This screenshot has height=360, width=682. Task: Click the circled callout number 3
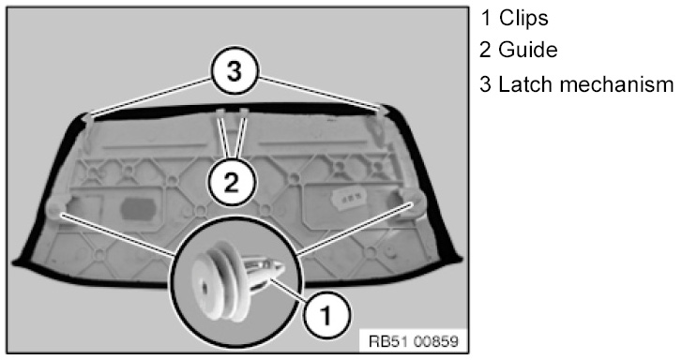tap(235, 71)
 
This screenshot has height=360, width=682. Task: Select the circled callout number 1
tap(326, 314)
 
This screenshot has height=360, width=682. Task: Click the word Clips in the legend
tap(523, 18)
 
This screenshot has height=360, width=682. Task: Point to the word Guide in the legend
tap(527, 50)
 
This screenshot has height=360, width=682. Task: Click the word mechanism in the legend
tap(616, 84)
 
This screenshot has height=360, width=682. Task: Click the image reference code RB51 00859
tap(414, 341)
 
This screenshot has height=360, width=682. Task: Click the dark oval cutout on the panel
tap(138, 209)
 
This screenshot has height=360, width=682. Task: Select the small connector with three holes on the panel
tap(348, 198)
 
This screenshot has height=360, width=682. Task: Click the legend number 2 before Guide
tap(485, 50)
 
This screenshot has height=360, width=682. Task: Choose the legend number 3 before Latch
tap(485, 84)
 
